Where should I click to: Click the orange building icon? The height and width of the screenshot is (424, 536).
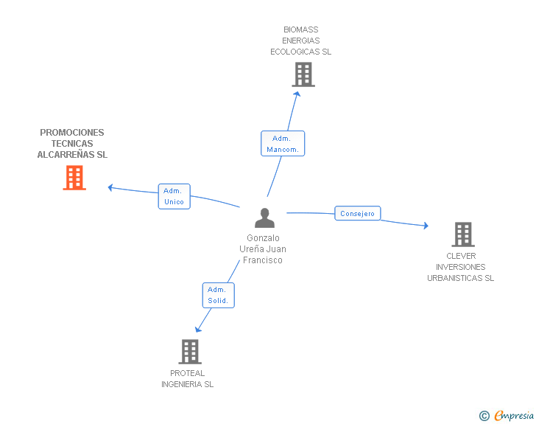pos(74,178)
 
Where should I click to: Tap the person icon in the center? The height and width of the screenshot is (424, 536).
pos(264,218)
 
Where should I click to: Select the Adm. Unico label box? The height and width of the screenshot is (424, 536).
pos(174,196)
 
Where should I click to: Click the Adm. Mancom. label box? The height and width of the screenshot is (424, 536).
pos(283,144)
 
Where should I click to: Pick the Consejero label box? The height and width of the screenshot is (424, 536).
pos(358,213)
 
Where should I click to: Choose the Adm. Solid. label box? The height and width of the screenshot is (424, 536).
pos(218,295)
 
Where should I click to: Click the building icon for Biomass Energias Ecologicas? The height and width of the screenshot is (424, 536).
pos(303,74)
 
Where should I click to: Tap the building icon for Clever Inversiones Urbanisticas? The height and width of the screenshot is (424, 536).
pos(463,234)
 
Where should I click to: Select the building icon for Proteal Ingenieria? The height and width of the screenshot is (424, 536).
pos(190,352)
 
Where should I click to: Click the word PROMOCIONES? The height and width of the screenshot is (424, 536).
pos(72,133)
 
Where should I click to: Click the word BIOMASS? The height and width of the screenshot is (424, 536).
pos(301,29)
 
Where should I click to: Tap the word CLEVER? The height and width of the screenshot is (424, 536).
pos(461,256)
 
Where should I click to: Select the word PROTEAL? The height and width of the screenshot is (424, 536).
pos(187,373)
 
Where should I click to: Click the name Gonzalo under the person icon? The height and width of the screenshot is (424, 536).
pos(264,238)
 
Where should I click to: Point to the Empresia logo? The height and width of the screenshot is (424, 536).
pos(507,415)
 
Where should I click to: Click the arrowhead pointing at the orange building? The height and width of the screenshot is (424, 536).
pos(110,188)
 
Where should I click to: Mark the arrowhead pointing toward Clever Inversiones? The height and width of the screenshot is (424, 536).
pos(426,226)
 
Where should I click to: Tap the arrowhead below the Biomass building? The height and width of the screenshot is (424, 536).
pos(297,94)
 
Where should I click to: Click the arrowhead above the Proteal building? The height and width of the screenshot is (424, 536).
pos(198,330)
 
